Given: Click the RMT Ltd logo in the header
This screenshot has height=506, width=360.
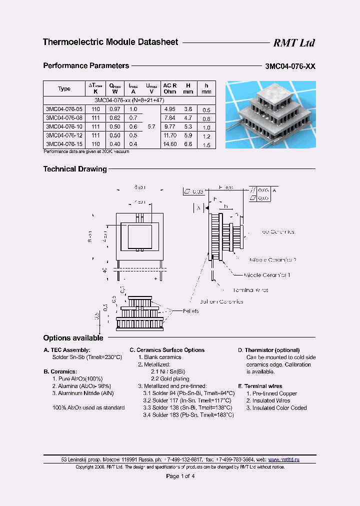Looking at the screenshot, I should [x=293, y=43].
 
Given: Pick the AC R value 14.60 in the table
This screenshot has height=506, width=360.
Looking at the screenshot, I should [x=170, y=144].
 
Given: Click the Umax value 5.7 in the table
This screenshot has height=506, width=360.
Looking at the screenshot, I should [x=151, y=126].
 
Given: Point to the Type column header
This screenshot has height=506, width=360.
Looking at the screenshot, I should [x=64, y=88].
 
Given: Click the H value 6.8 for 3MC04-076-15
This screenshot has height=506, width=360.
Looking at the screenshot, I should [x=187, y=144].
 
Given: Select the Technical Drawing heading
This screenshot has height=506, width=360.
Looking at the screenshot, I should [x=75, y=169].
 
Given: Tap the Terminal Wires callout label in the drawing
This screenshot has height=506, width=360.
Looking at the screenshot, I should [x=250, y=290].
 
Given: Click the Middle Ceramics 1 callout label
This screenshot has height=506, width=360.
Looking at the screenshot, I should [x=267, y=275].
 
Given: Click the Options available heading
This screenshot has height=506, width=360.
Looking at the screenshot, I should [x=73, y=338].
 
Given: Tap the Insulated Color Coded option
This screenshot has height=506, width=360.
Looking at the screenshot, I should [x=276, y=408].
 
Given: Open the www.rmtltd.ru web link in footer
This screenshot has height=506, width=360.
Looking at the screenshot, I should [x=283, y=459].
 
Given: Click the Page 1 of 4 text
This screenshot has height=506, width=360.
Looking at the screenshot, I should [x=180, y=476].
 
